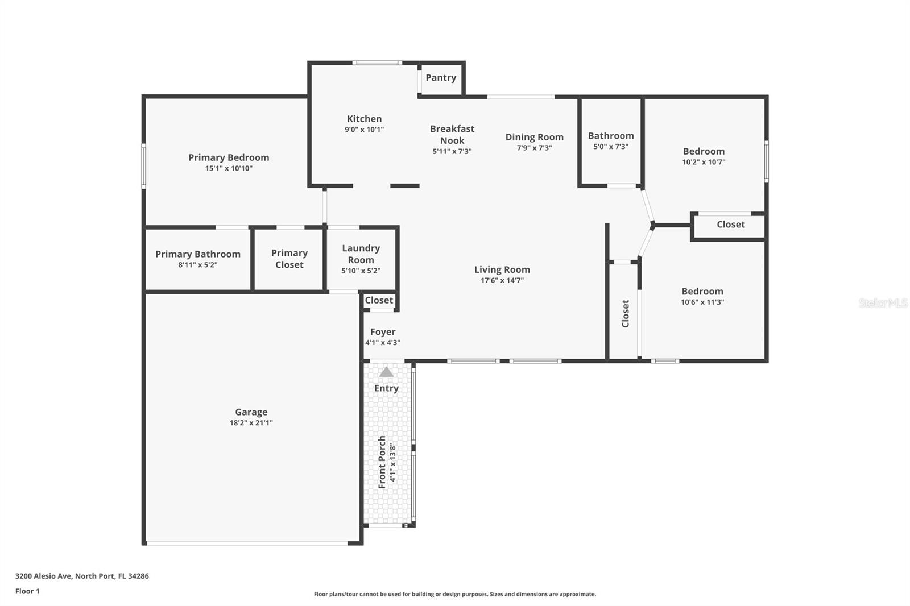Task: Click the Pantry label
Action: pos(441,78)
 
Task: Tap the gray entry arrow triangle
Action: pos(386,372)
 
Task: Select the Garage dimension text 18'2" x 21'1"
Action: pos(251,423)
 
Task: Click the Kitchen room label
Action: pos(364,119)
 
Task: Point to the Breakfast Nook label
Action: pos(452,135)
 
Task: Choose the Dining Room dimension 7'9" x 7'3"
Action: pos(534,148)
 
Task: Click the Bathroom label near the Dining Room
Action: pos(611,136)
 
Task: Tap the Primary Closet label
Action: pos(289,259)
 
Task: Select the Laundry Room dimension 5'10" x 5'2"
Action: pos(361,271)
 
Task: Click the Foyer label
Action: pos(383,332)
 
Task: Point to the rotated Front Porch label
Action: pos(382,462)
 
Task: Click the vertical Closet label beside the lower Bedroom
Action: pos(626,314)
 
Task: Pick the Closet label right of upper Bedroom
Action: pos(730,225)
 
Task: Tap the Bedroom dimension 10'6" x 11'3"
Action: pos(702,302)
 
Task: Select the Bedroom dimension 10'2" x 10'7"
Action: pos(704,162)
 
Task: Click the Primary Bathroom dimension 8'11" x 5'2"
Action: pos(197,265)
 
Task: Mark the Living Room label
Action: pos(502,270)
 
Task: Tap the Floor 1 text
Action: pos(27,591)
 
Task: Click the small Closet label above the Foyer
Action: pos(379,300)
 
